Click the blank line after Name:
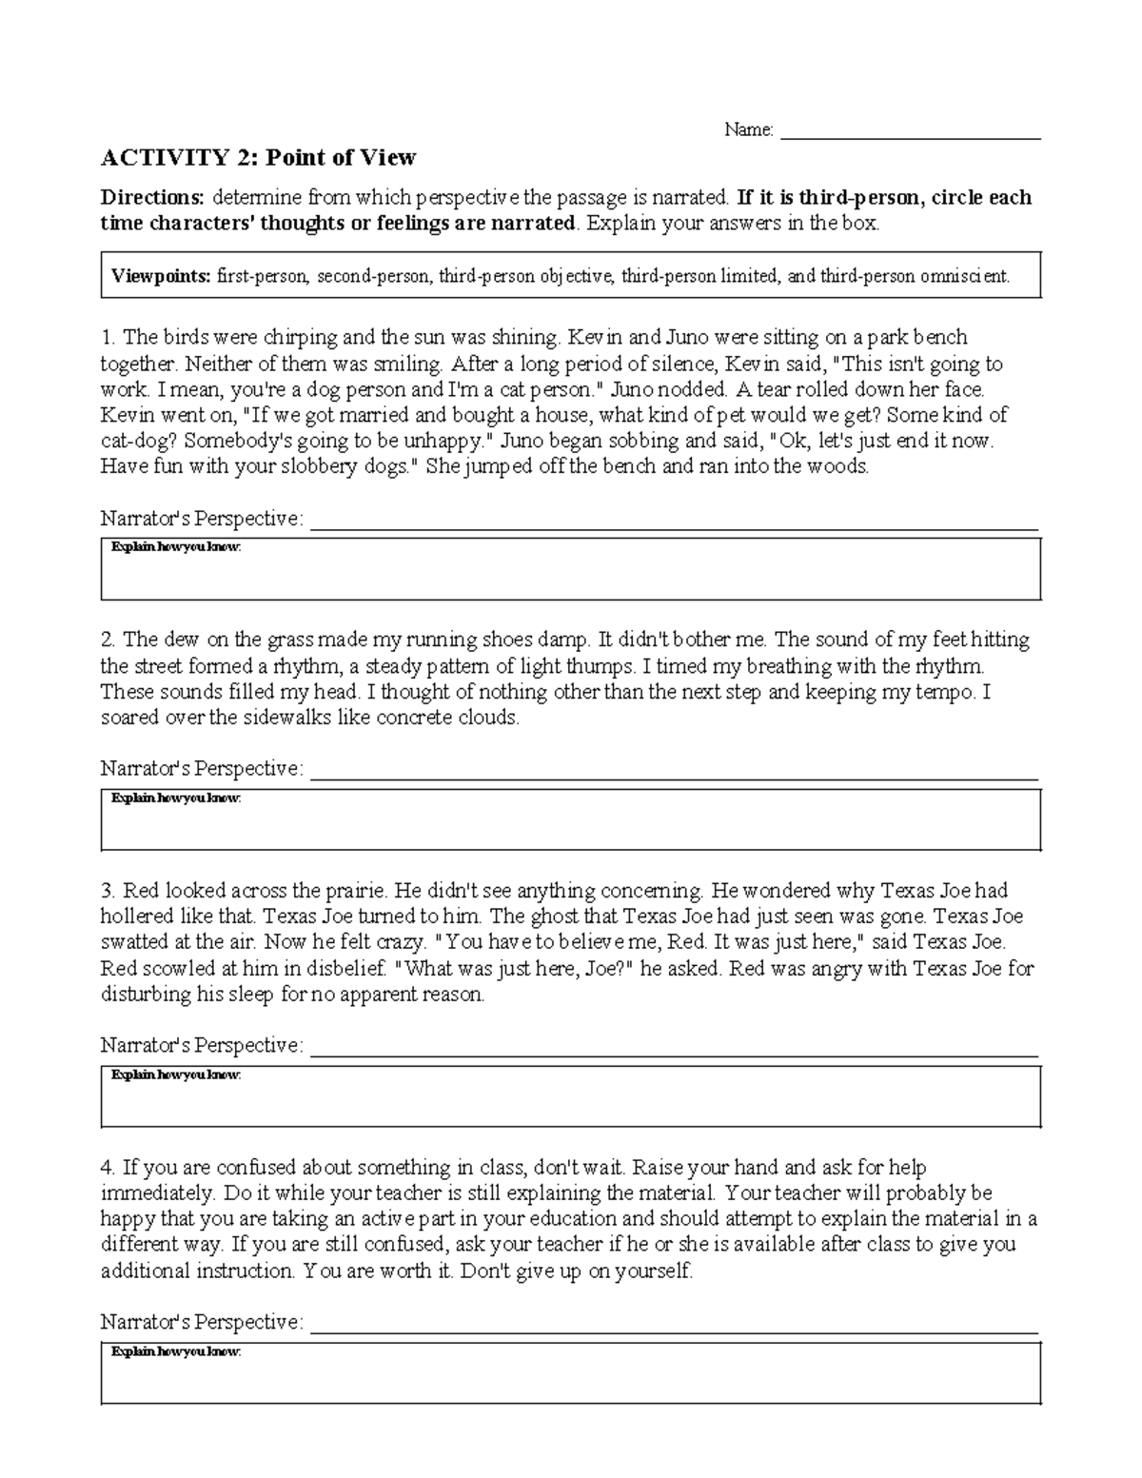[x=910, y=132]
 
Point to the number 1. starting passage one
[x=108, y=337]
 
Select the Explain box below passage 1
[x=571, y=569]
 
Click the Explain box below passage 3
[x=571, y=1096]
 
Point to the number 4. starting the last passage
[x=108, y=1167]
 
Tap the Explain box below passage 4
[x=571, y=1373]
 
